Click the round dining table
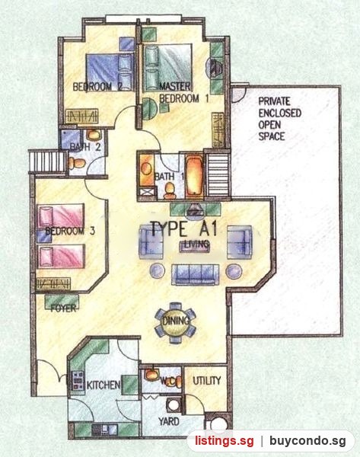pos(175,323)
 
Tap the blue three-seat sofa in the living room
pos(195,274)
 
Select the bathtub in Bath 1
pos(194,177)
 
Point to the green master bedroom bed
pos(168,67)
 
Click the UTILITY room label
pos(207,381)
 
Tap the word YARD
pos(169,421)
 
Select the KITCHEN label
pos(103,385)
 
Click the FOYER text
pos(63,308)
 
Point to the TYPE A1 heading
pos(184,228)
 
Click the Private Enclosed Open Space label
pos(279,119)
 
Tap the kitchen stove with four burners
pos(78,381)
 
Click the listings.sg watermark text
pos(225,441)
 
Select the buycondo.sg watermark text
pos(307,441)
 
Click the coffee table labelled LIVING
pos(196,244)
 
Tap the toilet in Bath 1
pos(169,190)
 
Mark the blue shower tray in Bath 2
pos(71,139)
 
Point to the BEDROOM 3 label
pos(70,232)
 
